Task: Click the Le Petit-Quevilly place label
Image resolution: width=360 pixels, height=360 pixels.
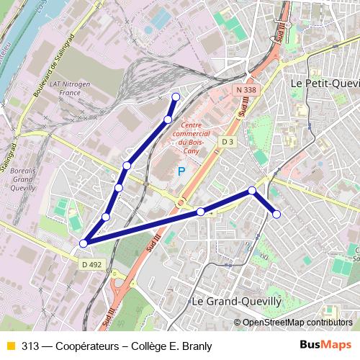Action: coord(323,83)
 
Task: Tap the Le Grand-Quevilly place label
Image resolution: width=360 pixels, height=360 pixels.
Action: coord(241,301)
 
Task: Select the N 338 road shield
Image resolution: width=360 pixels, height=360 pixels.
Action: coord(246,89)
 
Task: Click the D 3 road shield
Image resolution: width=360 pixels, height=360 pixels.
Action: coord(228,142)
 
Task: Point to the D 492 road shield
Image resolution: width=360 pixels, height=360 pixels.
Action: coord(91,264)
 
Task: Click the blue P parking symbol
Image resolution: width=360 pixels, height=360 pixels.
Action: coord(181,171)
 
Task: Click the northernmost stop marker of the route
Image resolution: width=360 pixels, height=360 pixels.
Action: coord(175,96)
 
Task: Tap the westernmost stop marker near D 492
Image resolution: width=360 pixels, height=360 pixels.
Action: coord(84,243)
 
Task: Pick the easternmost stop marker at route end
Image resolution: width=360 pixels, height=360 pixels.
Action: coord(276,214)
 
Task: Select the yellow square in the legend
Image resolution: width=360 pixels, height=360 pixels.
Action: coord(10,346)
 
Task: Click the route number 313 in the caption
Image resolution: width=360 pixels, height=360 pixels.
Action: coord(31,346)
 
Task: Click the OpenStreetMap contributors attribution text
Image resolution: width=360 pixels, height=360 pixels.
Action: coord(297,322)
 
